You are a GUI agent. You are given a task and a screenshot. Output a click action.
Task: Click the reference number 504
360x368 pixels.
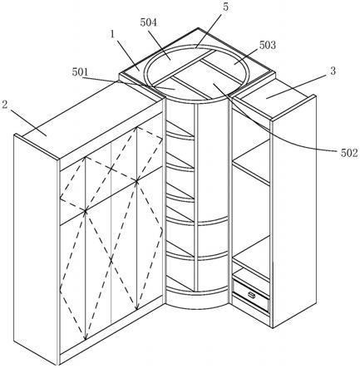point(148,22)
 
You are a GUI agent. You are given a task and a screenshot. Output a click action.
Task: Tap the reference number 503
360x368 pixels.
point(268,45)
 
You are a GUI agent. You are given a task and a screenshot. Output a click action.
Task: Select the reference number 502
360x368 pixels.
point(349,153)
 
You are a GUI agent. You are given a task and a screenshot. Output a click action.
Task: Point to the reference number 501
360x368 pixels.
point(80,72)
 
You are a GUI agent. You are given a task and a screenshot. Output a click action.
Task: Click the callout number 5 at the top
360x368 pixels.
point(226,7)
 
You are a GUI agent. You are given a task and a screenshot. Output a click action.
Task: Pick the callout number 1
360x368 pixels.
point(112,34)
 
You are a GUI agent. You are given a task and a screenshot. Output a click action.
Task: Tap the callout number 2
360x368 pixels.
point(4,105)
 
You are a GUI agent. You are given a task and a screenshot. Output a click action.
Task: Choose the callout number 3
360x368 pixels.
point(333,71)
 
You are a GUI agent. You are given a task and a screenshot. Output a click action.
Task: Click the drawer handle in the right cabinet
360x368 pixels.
point(252,295)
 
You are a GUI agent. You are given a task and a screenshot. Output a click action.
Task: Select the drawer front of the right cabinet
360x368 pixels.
point(251,296)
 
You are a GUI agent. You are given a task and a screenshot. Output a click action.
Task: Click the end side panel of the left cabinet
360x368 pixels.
point(36,249)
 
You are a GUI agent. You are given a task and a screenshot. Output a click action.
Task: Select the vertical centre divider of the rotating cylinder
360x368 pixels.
point(196,197)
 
